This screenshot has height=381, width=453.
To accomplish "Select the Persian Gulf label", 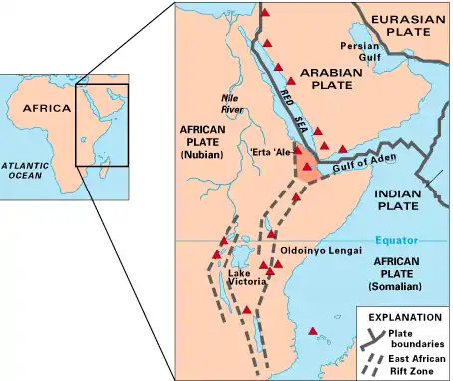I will pos(360,52).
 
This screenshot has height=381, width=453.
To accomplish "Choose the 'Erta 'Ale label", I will pos(270,153).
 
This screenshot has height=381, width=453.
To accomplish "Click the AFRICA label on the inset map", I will pos(47,107).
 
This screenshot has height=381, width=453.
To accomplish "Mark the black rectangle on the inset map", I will pos(103,125).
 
